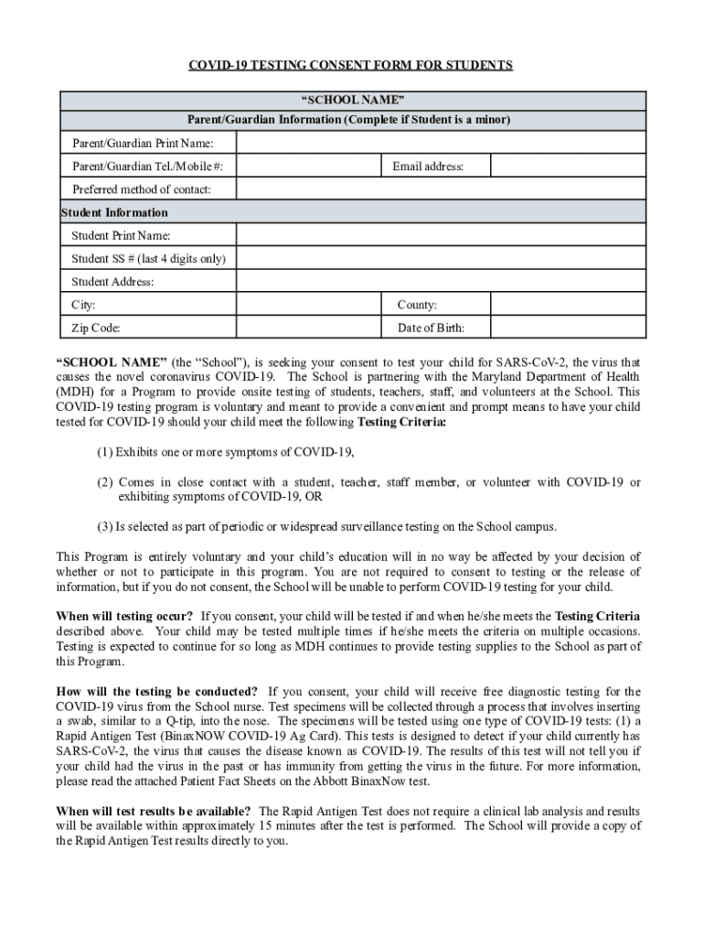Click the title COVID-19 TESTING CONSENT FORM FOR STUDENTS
(350, 65)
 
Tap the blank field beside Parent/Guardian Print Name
(439, 143)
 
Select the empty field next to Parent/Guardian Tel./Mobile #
(308, 166)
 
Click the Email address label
(428, 167)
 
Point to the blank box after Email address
(564, 166)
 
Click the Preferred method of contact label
(142, 189)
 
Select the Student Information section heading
(114, 212)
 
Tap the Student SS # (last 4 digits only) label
(148, 259)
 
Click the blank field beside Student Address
(439, 282)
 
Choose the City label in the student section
(83, 305)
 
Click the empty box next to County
(564, 305)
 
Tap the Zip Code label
(95, 328)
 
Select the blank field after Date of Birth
(564, 328)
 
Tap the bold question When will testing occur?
(124, 616)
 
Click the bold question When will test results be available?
(154, 812)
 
